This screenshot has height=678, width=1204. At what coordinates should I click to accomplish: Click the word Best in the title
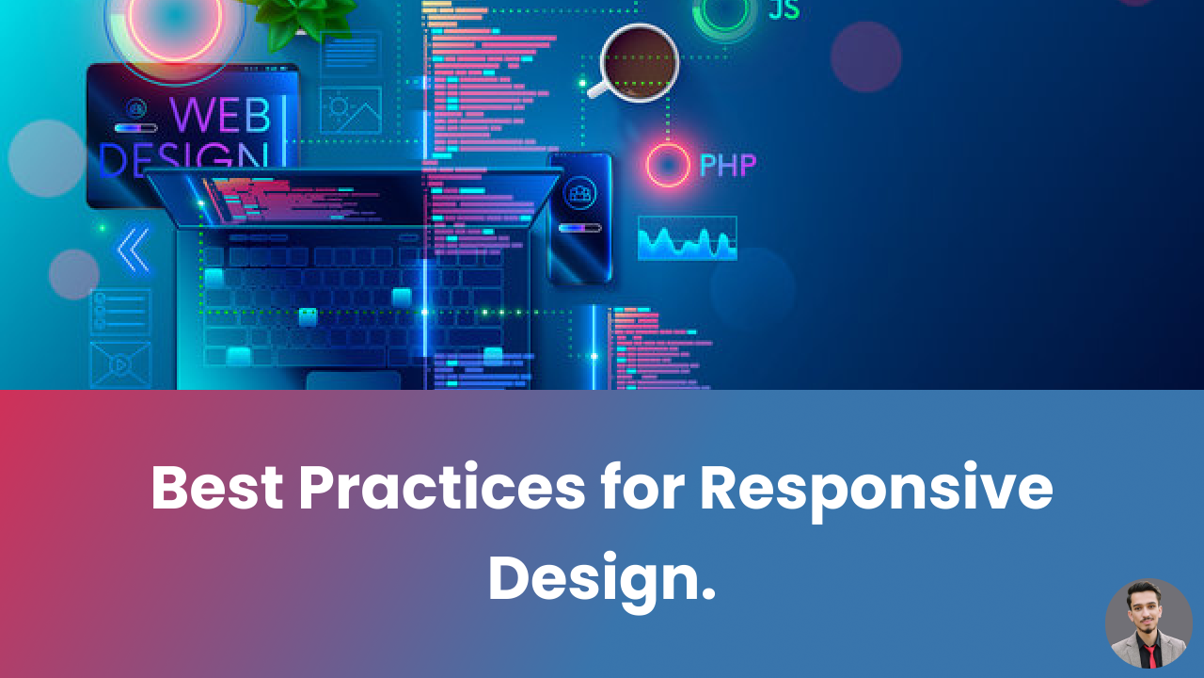click(x=216, y=489)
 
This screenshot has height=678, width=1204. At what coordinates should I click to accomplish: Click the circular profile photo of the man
click(x=1149, y=623)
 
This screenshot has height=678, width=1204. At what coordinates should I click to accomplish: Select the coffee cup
click(x=638, y=61)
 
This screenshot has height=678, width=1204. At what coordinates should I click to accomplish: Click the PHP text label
click(x=727, y=166)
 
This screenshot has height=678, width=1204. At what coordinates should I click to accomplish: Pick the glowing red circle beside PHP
click(x=668, y=166)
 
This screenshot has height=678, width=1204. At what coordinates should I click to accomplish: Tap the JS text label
click(x=784, y=9)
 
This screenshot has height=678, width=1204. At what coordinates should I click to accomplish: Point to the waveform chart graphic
click(x=687, y=239)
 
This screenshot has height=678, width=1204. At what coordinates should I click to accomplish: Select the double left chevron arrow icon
click(x=134, y=250)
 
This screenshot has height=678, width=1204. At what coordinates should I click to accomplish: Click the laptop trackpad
click(x=353, y=380)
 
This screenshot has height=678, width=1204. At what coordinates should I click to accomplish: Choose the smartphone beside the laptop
click(x=580, y=217)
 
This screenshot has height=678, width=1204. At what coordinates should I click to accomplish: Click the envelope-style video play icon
click(x=120, y=364)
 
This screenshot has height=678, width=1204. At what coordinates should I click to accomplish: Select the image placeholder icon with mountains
click(x=351, y=110)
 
